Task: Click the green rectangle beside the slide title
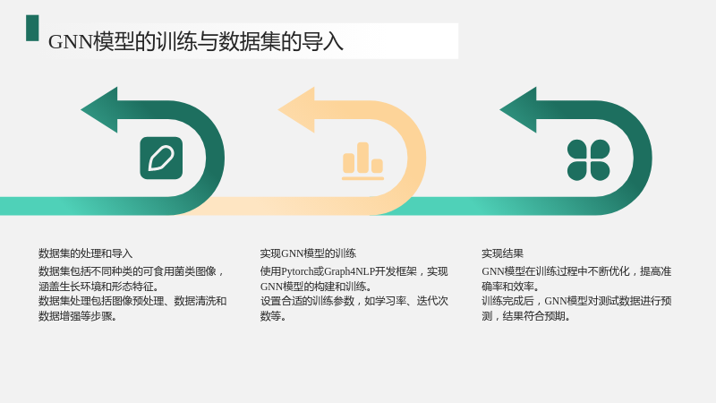[x=32, y=28]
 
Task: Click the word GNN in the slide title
[x=71, y=42]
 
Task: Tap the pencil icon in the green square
[x=161, y=159]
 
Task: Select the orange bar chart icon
[x=363, y=161]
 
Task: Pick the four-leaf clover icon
[x=589, y=160]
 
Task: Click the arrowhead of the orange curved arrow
[x=296, y=109]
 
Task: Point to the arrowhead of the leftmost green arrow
[x=99, y=109]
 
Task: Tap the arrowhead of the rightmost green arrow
[x=518, y=109]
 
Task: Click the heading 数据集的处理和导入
[x=85, y=253]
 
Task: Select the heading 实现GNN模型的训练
[x=308, y=253]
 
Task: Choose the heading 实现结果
[x=502, y=253]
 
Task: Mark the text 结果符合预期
[x=533, y=316]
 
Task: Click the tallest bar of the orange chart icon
[x=363, y=158]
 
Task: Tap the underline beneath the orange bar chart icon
[x=363, y=178]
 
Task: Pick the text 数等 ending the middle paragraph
[x=270, y=316]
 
